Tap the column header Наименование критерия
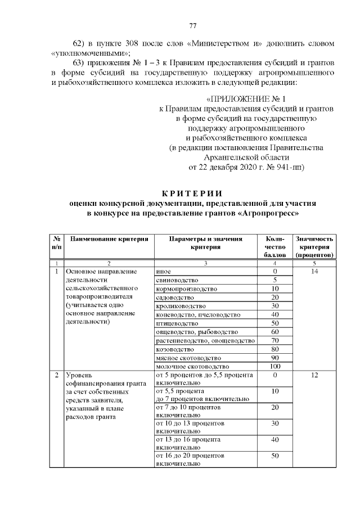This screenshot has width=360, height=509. point(109,238)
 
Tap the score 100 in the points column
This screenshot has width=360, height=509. point(276,367)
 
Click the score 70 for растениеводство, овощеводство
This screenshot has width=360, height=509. point(276,340)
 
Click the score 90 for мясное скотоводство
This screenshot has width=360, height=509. point(276,358)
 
